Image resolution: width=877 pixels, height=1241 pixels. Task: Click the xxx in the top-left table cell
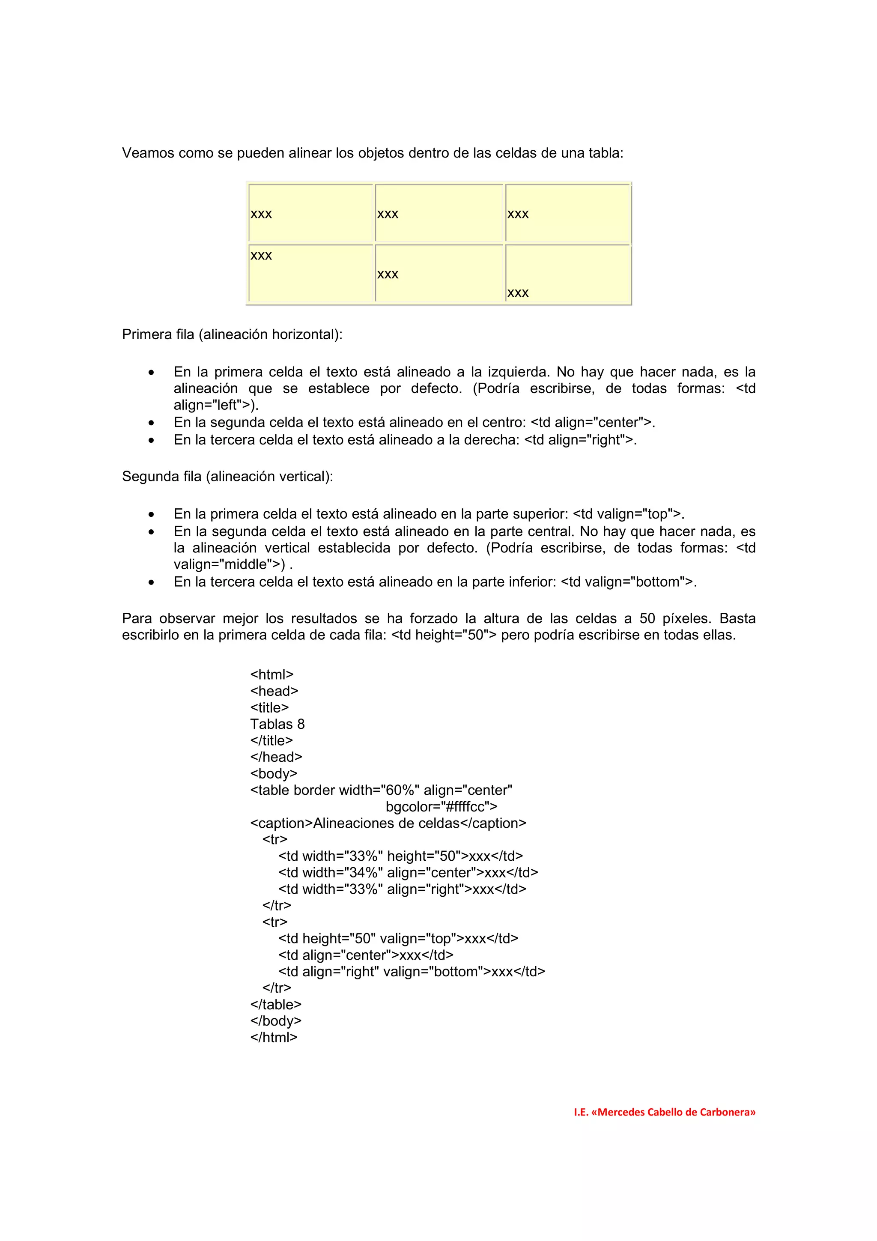tap(261, 215)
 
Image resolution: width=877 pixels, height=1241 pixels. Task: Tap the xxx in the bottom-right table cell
tap(518, 293)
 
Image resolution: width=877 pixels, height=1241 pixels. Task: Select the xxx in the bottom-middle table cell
tap(388, 275)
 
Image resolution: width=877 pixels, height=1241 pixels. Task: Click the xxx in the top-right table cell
tap(518, 215)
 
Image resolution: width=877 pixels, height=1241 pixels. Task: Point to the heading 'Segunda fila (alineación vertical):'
tap(227, 477)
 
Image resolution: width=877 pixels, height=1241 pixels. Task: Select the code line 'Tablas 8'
tap(277, 724)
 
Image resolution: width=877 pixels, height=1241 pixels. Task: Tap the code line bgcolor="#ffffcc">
tap(441, 807)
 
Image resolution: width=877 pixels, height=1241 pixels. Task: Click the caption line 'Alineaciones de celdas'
tap(388, 823)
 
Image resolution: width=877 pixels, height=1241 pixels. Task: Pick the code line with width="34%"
tap(408, 873)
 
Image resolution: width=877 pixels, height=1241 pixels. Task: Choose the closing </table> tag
tap(276, 1005)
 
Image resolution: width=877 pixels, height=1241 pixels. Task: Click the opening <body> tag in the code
tap(274, 774)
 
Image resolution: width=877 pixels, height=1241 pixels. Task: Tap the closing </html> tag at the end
tap(274, 1038)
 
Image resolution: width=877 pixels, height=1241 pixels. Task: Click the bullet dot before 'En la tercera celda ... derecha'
tap(151, 441)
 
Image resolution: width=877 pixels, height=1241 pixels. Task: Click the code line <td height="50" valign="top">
tap(398, 939)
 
